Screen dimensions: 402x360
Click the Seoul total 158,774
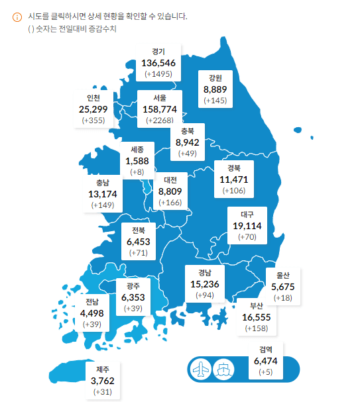point(159,109)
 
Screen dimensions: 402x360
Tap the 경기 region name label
point(158,51)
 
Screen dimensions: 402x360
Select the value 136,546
point(158,63)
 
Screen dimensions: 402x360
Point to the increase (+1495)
point(158,74)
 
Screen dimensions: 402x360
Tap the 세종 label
point(137,149)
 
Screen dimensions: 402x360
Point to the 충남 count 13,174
point(102,194)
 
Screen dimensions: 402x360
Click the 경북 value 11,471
point(234,179)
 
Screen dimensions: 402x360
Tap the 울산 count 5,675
point(282,287)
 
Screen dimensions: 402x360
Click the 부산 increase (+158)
point(257,328)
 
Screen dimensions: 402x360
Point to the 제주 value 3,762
point(103,381)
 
